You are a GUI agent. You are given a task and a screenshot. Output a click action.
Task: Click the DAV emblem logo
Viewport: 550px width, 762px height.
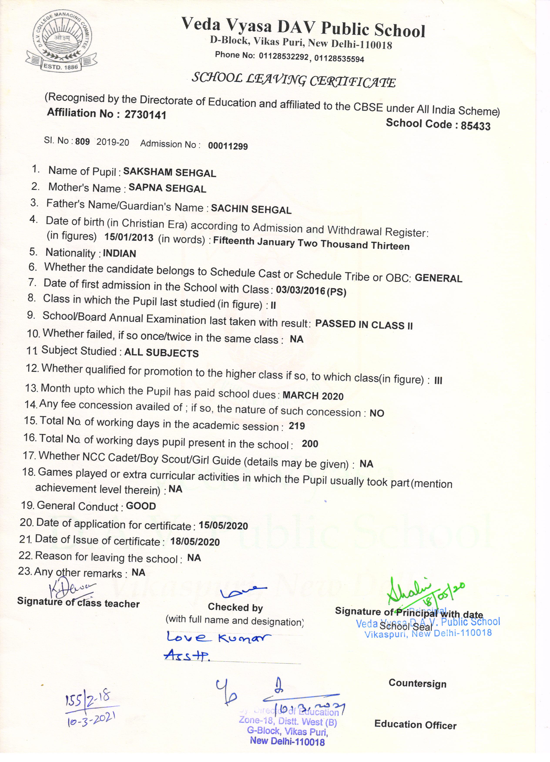coord(62,41)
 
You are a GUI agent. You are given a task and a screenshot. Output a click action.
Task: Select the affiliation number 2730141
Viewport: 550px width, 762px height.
coord(145,115)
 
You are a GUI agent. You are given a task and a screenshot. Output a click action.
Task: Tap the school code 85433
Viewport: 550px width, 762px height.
coord(475,126)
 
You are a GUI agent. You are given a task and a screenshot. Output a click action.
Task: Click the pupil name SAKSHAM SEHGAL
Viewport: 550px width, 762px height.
coord(169,172)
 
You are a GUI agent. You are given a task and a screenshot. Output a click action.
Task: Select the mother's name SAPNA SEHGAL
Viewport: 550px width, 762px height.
coord(167,188)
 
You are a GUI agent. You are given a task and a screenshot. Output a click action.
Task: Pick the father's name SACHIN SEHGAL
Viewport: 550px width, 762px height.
coord(251,209)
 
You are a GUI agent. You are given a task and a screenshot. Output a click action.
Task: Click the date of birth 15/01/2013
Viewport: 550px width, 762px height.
coord(129,237)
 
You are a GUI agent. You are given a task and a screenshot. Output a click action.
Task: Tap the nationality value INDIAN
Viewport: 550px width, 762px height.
coord(119,253)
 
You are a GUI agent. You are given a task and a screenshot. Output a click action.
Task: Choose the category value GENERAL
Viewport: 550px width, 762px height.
coord(438,278)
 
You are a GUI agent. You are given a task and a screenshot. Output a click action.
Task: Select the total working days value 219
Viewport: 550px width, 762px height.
coord(297,426)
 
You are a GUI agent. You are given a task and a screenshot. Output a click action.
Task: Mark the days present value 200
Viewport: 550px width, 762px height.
coord(310,444)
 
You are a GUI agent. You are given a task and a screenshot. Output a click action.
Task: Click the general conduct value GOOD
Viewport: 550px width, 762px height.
coord(141,506)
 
